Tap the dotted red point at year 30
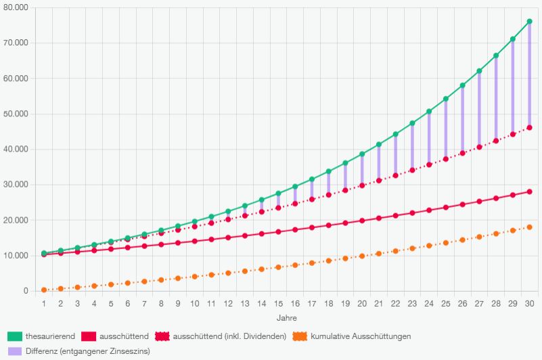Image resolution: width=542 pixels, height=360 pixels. point(529,128)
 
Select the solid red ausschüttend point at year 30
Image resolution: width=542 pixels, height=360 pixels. point(529,192)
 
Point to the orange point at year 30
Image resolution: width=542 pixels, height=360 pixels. point(529,227)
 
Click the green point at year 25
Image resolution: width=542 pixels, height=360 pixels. point(446,99)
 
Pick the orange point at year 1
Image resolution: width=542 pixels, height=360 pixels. point(44,290)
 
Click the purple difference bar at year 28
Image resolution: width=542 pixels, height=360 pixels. point(496,98)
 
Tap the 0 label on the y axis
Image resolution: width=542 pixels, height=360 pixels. point(25,291)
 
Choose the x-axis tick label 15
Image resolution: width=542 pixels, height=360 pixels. point(278,304)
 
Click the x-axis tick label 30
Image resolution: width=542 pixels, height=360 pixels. point(529,304)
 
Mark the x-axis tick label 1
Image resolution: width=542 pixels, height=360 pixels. point(44,304)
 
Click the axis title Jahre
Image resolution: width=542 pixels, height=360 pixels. point(286,317)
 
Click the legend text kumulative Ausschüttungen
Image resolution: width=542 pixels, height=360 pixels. point(361,336)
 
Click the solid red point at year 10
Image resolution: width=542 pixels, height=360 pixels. point(195,241)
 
